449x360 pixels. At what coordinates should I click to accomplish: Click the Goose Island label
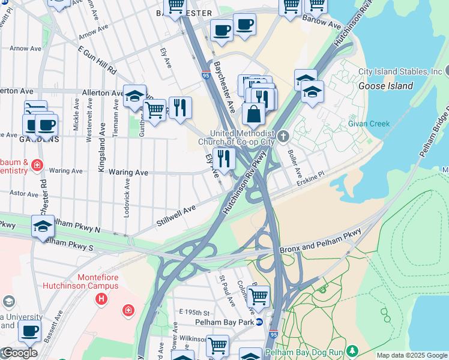tap(385, 86)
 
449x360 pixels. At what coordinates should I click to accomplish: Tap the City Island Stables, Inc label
tap(400, 71)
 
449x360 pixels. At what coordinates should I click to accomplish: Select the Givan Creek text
tap(369, 124)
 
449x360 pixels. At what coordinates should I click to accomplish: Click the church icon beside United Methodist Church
tap(283, 134)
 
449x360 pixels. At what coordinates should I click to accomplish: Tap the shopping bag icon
tap(253, 113)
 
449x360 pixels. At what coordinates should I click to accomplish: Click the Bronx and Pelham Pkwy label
tap(321, 241)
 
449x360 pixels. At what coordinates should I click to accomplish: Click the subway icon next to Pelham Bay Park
tap(259, 322)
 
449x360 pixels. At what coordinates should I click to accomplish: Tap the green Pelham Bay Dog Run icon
tap(353, 350)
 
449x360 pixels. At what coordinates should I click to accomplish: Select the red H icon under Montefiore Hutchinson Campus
tap(102, 298)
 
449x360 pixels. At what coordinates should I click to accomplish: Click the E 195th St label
tap(194, 313)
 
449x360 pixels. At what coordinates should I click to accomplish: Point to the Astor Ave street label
tap(24, 194)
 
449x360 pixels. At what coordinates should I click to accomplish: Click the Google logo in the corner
tap(19, 353)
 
